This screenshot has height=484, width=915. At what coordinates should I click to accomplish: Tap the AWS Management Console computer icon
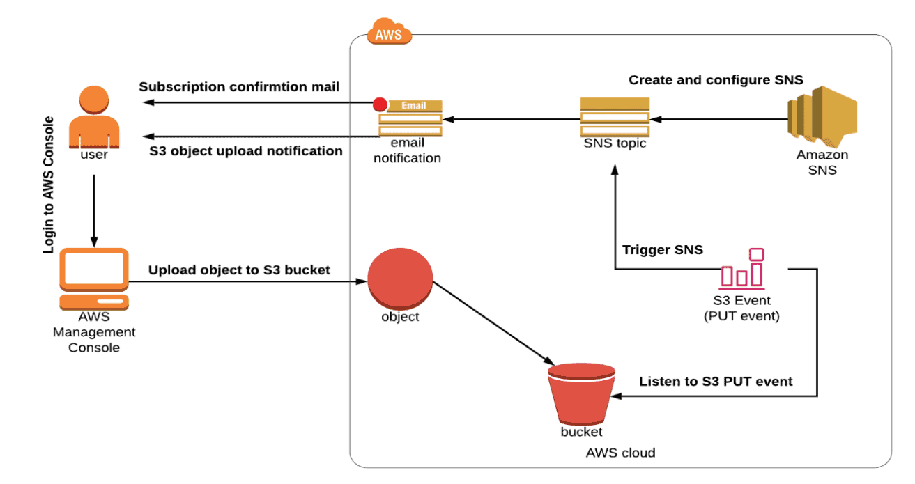pos(94,279)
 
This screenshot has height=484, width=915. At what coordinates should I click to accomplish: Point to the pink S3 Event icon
pos(743,269)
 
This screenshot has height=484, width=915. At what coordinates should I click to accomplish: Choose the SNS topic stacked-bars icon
pos(615,118)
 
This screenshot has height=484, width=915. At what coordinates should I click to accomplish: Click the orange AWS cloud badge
pos(390,32)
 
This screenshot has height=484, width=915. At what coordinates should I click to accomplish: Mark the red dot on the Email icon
pos(380,105)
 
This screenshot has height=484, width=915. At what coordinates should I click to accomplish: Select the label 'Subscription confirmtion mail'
pos(239,87)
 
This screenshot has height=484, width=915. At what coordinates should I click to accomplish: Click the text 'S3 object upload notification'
pos(246,151)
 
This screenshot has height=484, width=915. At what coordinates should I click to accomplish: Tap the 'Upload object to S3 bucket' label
pos(239,270)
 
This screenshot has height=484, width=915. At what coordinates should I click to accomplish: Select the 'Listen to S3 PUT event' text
pos(716,382)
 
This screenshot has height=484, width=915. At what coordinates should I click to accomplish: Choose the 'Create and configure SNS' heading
pos(716,80)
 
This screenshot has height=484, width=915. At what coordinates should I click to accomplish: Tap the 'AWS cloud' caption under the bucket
pos(620,453)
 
